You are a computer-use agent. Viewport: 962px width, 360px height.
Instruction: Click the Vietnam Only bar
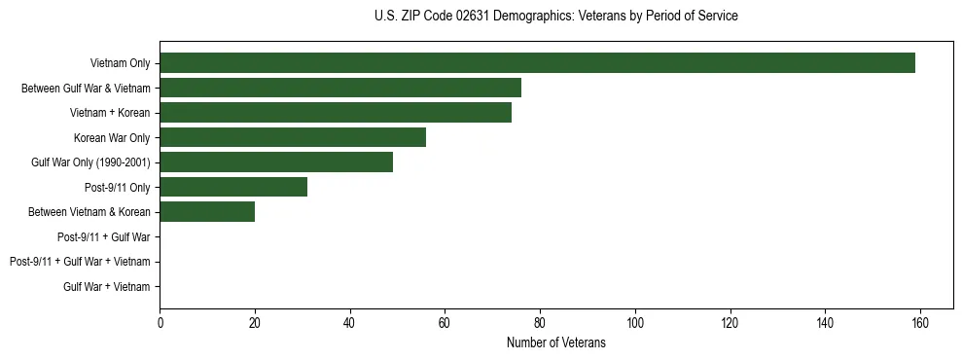[x=537, y=63]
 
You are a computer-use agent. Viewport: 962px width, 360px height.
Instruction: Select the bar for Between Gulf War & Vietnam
[x=340, y=88]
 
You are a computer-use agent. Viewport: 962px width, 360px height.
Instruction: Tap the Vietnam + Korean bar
[x=336, y=113]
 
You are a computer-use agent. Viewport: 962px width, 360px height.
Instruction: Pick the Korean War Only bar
[x=293, y=137]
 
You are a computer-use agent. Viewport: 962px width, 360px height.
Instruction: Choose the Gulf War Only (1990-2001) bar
[x=276, y=162]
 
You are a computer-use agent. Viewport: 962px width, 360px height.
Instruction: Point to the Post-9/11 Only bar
[x=233, y=187]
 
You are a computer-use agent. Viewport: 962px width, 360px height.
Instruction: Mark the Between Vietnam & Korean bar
[x=207, y=212]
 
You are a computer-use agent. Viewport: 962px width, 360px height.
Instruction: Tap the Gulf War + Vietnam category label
[x=107, y=286]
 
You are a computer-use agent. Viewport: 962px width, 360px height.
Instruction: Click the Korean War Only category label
[x=112, y=137]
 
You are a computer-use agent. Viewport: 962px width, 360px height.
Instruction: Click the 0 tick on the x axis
[x=160, y=322]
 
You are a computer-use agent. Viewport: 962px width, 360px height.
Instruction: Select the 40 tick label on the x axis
[x=350, y=322]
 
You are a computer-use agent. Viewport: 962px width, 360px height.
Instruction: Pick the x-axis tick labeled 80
[x=540, y=322]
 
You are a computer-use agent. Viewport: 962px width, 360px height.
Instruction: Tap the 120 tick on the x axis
[x=730, y=322]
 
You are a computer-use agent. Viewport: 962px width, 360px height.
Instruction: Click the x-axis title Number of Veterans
[x=556, y=342]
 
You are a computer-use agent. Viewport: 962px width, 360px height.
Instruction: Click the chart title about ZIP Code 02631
[x=556, y=17]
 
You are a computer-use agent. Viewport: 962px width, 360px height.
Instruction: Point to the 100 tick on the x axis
[x=635, y=322]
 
